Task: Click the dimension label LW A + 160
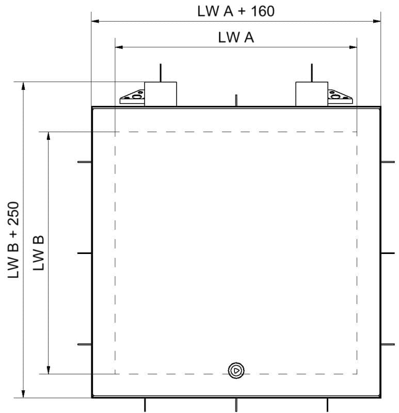tap(235, 11)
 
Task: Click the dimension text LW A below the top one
tap(235, 38)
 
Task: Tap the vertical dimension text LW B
tap(39, 252)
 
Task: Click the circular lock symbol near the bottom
tap(236, 370)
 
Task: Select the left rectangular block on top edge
tap(161, 93)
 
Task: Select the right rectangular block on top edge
tap(311, 93)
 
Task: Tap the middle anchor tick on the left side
tap(84, 253)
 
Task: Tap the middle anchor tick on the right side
tap(388, 253)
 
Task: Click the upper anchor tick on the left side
tap(84, 162)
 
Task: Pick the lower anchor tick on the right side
tap(388, 344)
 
